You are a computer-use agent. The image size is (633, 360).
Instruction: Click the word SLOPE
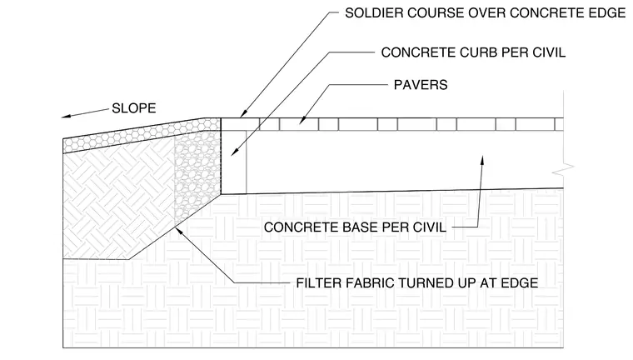click(133, 108)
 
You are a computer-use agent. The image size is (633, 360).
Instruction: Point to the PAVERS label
click(421, 85)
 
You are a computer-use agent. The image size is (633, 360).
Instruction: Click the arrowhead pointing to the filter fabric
click(177, 232)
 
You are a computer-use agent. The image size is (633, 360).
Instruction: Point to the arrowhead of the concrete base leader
click(481, 160)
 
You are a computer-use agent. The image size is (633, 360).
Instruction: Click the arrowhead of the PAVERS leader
click(302, 119)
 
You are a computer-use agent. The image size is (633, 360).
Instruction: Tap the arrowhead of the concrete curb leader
click(234, 152)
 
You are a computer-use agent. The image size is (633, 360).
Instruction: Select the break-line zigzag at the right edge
click(563, 170)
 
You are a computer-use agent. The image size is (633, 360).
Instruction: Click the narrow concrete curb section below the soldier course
click(234, 162)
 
